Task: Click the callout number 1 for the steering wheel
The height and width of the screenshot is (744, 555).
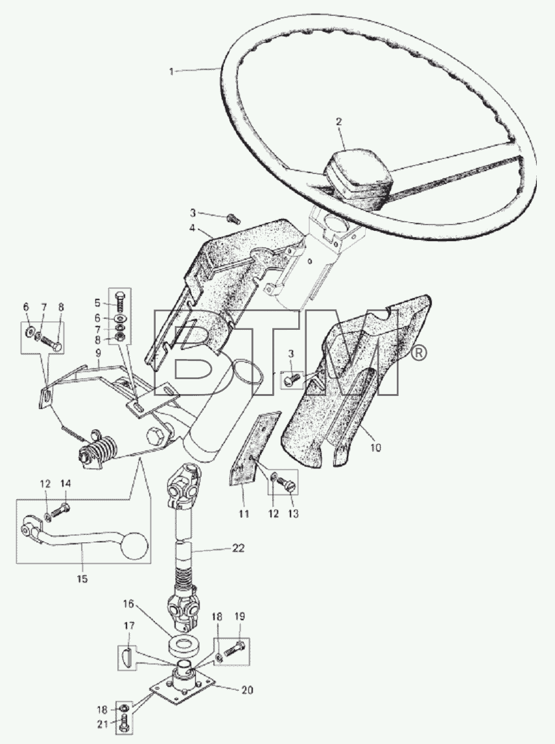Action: point(171,72)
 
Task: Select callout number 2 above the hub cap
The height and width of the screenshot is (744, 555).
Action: point(338,121)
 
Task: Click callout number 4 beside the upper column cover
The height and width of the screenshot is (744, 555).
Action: point(193,227)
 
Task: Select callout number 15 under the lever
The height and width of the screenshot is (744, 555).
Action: point(82,579)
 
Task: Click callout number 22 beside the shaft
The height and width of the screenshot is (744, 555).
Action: point(239,548)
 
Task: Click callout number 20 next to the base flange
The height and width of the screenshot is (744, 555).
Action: point(247,690)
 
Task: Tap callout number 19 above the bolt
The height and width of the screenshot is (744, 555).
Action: point(239,616)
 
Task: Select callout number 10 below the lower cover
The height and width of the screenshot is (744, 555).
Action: point(375,447)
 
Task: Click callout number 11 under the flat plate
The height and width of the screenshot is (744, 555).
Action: point(244,514)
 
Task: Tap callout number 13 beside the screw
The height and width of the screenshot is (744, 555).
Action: point(294,514)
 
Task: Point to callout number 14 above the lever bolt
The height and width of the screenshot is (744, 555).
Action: point(65,483)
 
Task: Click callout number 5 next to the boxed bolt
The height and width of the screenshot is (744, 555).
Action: point(97,303)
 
